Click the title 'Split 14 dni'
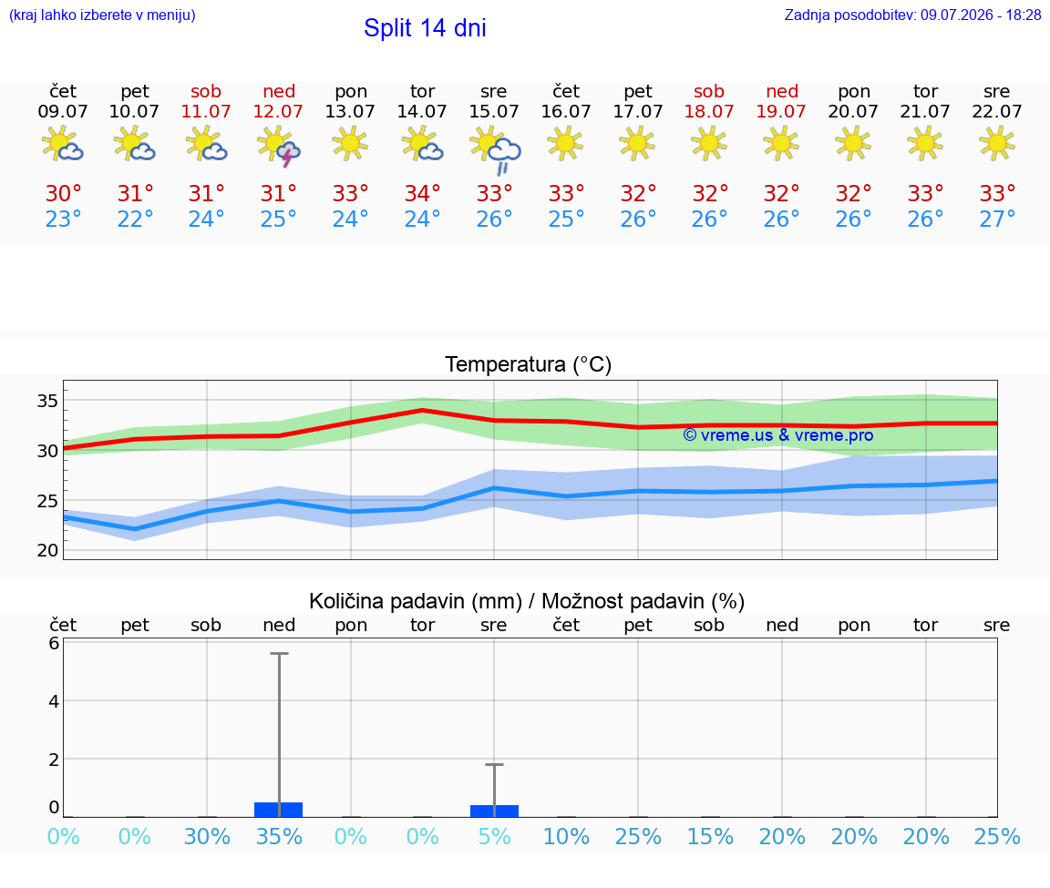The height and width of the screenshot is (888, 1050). click(x=425, y=28)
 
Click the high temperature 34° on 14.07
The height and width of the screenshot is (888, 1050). click(x=423, y=193)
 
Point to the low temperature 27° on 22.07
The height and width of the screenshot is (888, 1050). click(x=997, y=219)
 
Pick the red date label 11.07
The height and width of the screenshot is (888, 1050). click(x=206, y=111)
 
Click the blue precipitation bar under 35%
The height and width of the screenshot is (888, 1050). click(x=279, y=810)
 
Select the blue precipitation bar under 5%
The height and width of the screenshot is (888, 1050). click(x=494, y=811)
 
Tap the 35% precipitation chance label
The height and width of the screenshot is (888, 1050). click(x=279, y=836)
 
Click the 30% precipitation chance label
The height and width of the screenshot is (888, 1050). click(x=207, y=836)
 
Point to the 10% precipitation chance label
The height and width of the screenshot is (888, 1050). click(x=567, y=836)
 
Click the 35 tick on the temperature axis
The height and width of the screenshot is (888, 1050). click(x=47, y=401)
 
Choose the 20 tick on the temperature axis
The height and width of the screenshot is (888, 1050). click(x=47, y=550)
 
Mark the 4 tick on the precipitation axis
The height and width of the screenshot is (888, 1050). click(x=54, y=701)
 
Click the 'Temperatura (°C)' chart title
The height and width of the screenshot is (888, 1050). click(x=529, y=364)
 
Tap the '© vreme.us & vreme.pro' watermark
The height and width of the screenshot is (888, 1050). click(x=778, y=435)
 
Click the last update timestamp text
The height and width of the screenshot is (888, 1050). click(x=912, y=15)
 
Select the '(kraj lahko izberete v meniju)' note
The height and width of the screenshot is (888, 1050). click(x=102, y=15)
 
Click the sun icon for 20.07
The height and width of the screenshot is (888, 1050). click(x=853, y=143)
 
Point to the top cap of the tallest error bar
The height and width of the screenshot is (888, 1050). click(x=279, y=653)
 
